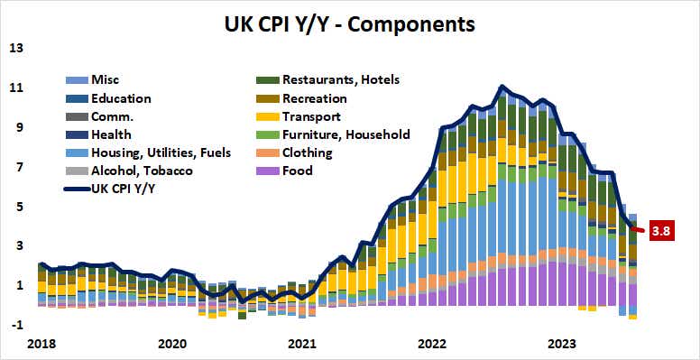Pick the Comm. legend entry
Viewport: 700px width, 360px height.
(x=112, y=116)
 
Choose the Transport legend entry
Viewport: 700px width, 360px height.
(x=310, y=116)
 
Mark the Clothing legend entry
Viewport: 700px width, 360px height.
(x=307, y=152)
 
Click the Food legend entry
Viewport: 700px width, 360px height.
(x=297, y=171)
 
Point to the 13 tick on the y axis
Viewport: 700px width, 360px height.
(x=17, y=48)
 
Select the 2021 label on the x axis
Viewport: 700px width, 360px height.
(x=302, y=344)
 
